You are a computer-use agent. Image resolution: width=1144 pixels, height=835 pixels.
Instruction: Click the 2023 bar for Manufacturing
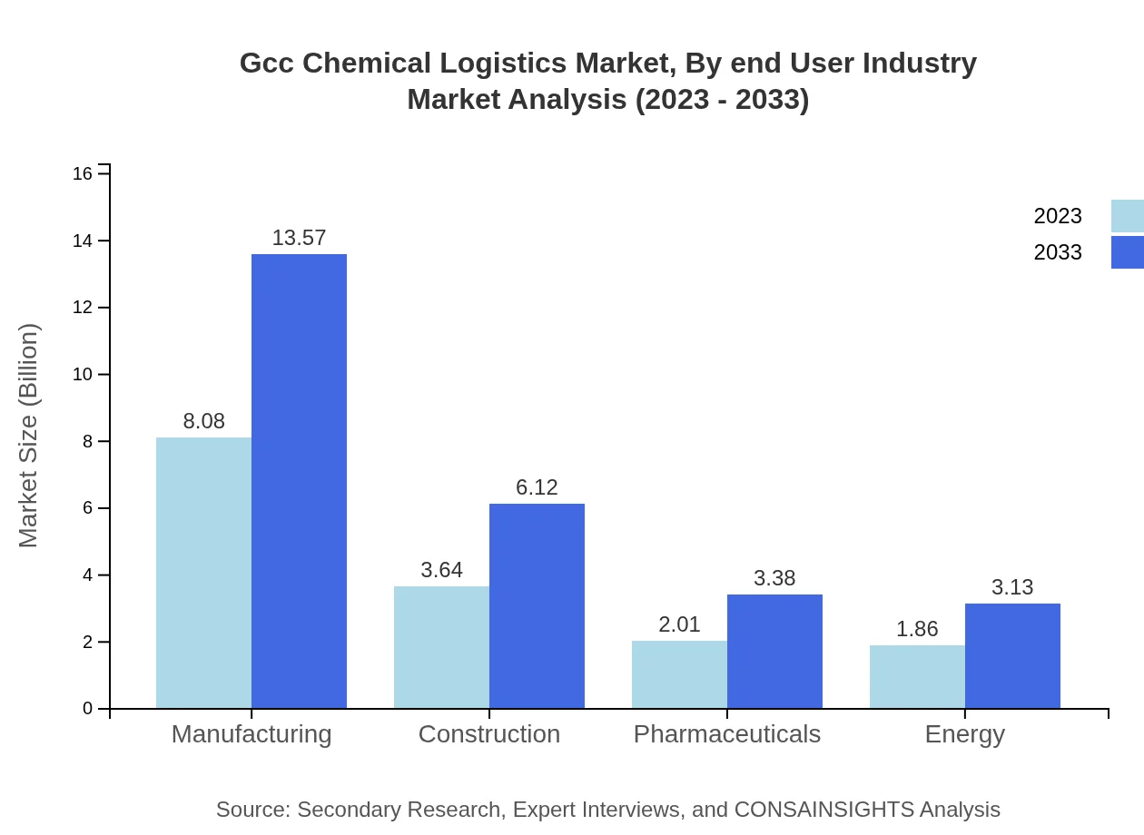pos(203,573)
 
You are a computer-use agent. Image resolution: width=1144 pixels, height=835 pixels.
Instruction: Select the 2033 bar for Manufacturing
pos(299,481)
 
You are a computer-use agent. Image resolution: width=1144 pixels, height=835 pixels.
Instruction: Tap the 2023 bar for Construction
pos(441,647)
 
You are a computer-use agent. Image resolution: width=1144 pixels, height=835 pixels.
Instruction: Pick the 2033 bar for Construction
pos(537,605)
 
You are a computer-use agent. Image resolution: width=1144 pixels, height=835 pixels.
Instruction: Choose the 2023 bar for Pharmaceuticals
pos(679,674)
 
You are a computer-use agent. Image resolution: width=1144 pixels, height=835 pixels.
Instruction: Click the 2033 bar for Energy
pos(1012,655)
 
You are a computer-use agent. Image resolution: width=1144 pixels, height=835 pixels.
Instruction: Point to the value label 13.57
pos(299,238)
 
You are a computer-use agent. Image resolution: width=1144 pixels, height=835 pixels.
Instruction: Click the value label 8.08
pos(203,421)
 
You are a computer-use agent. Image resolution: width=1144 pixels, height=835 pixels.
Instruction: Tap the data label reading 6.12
pos(537,487)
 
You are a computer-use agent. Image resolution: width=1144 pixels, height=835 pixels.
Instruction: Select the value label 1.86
pos(917,629)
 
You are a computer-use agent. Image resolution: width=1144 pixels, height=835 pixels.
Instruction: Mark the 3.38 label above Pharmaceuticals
pos(774,578)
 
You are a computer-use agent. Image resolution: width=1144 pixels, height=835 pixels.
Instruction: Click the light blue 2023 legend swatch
pos(1127,216)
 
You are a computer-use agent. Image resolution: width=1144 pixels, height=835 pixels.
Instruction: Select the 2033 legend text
pos(1058,252)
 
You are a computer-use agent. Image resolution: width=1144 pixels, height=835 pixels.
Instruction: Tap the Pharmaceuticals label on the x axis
pos(726,733)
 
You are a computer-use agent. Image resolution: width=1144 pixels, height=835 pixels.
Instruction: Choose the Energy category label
pos(964,733)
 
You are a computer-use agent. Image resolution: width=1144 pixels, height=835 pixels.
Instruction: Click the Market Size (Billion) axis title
pos(29,436)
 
